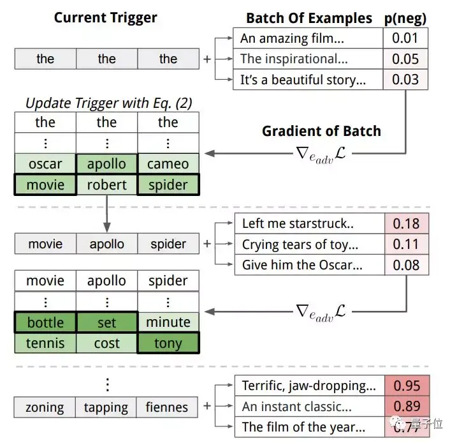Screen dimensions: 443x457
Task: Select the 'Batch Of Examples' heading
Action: pos(309,18)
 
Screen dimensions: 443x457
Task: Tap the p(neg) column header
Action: pos(405,18)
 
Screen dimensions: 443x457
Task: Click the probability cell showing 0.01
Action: pos(405,39)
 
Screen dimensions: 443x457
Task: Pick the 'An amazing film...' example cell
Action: pos(308,39)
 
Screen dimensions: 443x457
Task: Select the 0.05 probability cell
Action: pos(405,59)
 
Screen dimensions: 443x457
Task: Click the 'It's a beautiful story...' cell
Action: pos(308,80)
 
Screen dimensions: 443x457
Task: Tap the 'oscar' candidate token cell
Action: pos(45,164)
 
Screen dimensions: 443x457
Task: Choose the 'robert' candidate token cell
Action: pos(106,185)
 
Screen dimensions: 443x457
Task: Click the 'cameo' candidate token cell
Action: pos(168,164)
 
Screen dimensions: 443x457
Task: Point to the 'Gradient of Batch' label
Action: pos(321,131)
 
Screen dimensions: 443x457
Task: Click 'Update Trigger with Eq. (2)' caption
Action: pos(108,102)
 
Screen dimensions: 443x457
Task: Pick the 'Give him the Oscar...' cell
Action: pos(310,265)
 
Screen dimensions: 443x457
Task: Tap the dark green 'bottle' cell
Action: pos(45,322)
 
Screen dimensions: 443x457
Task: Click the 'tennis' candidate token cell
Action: pos(45,343)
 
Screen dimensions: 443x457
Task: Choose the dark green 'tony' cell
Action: pos(168,343)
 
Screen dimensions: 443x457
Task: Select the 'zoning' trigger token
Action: pos(45,407)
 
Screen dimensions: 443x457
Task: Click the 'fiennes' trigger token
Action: pos(168,407)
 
